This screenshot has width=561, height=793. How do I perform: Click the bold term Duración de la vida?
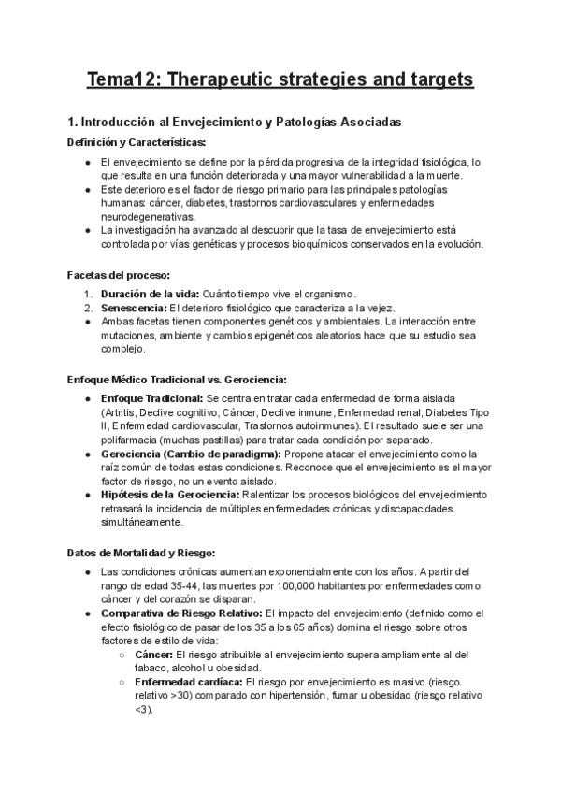click(141, 295)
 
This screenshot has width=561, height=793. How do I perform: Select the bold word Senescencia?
click(132, 309)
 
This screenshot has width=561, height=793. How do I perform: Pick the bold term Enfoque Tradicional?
click(151, 399)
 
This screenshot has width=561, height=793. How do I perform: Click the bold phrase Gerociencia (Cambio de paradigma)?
click(190, 454)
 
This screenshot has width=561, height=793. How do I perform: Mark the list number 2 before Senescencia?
click(87, 309)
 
